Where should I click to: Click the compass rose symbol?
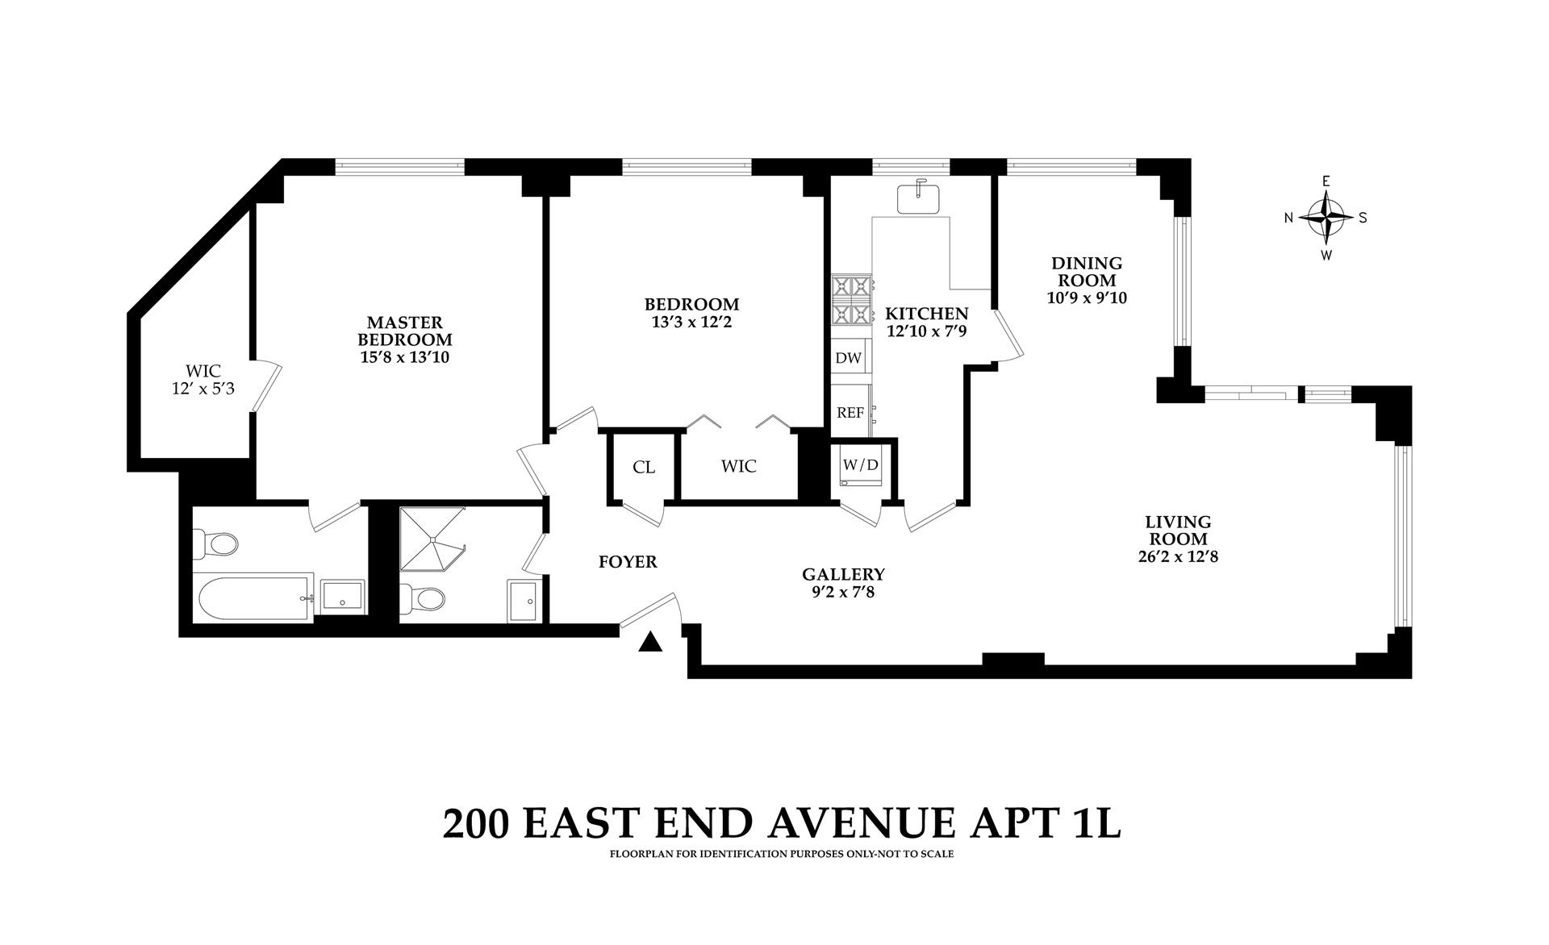tap(1326, 217)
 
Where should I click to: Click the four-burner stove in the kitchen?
tap(852, 300)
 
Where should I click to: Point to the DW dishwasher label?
tap(848, 358)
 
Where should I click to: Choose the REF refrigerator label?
tap(850, 413)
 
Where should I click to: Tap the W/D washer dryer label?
tap(860, 464)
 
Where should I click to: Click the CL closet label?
tap(644, 468)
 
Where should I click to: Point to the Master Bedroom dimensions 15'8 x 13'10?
tap(404, 356)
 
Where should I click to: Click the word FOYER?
tap(628, 562)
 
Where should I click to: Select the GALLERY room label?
tap(843, 574)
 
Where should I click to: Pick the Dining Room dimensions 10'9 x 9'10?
tap(1087, 298)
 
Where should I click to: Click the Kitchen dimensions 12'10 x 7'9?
tap(926, 331)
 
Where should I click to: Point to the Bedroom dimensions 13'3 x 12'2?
tap(691, 322)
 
